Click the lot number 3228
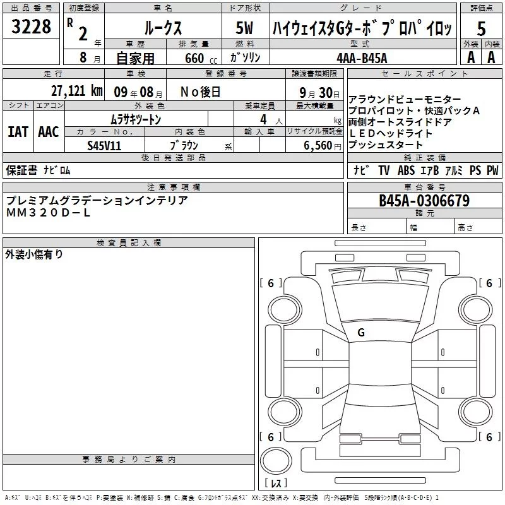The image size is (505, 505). (31, 27)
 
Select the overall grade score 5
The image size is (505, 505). (481, 28)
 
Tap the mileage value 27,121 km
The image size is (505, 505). (76, 91)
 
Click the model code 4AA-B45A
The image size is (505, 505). (362, 58)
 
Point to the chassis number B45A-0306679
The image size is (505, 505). (424, 201)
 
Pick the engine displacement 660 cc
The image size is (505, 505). (201, 59)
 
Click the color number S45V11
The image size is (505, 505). (104, 146)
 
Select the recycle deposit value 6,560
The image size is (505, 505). (318, 146)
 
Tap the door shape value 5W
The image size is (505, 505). (244, 28)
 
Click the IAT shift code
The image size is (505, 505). (18, 132)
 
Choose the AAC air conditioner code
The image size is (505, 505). (49, 132)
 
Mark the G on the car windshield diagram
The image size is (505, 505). (361, 333)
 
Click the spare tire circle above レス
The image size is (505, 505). (276, 461)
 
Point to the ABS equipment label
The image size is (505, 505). (406, 170)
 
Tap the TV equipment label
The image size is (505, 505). (384, 170)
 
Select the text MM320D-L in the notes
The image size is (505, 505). (49, 213)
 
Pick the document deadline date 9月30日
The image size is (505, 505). (319, 92)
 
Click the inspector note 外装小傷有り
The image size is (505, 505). (34, 254)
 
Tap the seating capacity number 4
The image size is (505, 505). (263, 119)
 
